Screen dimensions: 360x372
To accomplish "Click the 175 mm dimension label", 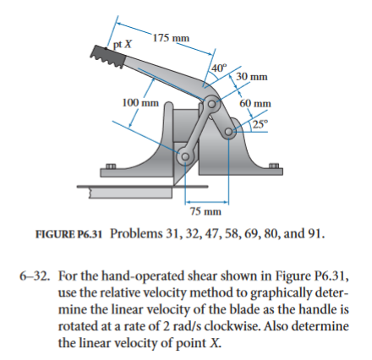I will [172, 38].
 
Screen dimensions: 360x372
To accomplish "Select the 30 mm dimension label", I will [254, 76].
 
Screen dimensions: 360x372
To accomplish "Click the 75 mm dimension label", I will [205, 211].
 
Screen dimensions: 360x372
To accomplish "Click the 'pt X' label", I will [123, 42].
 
